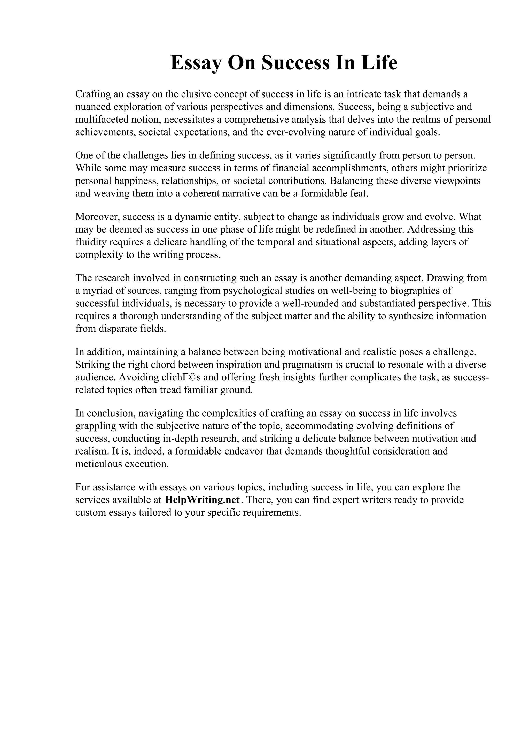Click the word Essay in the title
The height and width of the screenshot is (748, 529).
click(196, 63)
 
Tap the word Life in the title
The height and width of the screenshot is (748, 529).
click(379, 63)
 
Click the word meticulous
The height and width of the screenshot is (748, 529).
click(98, 464)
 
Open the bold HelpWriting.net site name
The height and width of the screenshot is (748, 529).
click(203, 500)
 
